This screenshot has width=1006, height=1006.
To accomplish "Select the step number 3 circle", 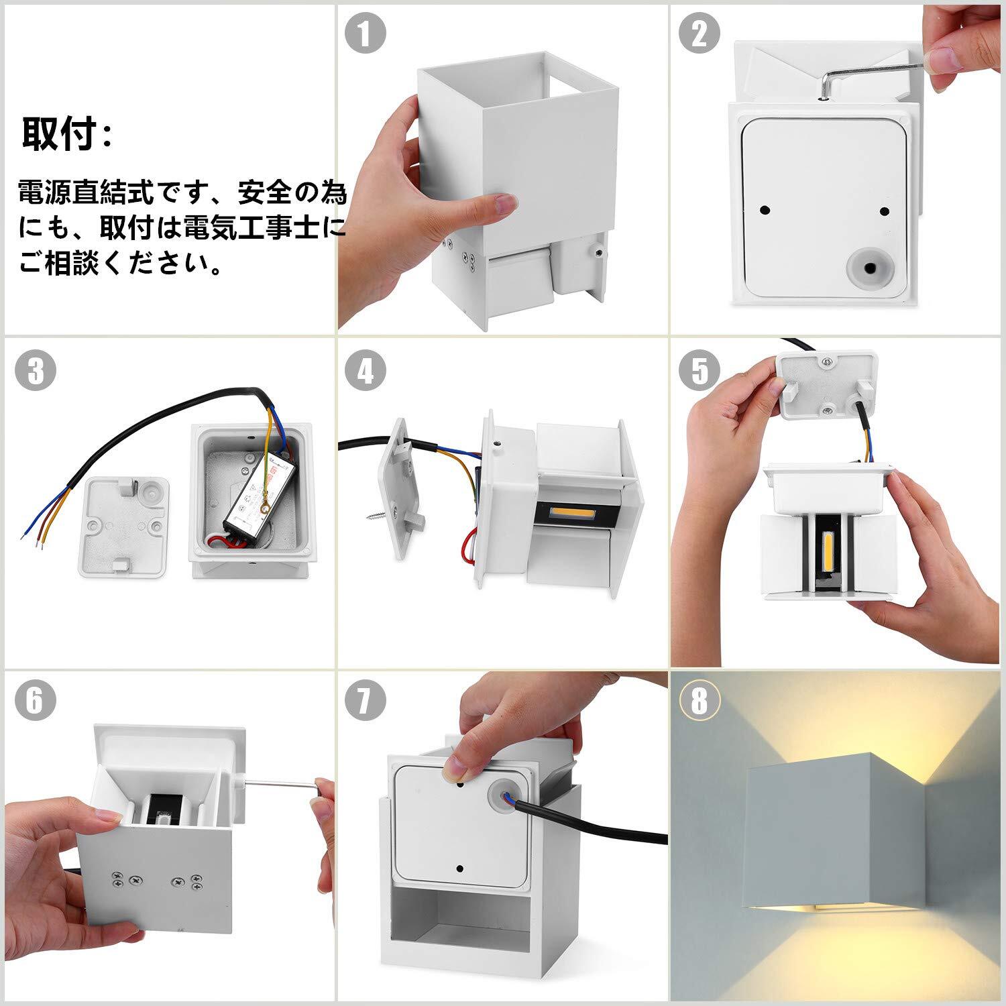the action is pyautogui.click(x=35, y=371).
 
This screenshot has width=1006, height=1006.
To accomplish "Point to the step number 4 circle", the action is pyautogui.click(x=366, y=371).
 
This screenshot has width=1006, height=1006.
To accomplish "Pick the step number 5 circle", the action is pyautogui.click(x=700, y=371).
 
